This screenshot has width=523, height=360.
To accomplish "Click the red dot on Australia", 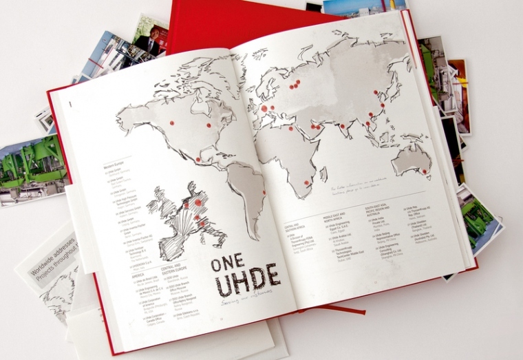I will (x=425, y=170).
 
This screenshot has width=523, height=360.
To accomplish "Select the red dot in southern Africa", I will (x=306, y=183).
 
